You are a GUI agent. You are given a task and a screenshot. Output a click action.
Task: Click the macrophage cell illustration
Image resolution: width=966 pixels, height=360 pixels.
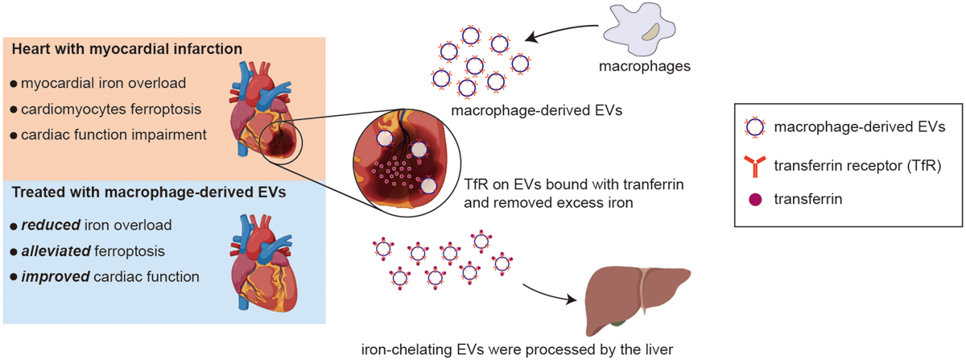point(639,29)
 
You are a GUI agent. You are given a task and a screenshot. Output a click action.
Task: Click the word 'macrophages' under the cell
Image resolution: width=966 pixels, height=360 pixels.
point(645,66)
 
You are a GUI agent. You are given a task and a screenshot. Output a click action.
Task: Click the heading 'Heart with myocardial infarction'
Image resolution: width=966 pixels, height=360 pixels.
point(127,49)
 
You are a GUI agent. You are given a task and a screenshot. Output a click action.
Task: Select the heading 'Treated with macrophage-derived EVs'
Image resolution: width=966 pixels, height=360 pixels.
point(149,192)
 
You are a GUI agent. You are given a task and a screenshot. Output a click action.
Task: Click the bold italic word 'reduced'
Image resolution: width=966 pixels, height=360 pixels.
point(51,225)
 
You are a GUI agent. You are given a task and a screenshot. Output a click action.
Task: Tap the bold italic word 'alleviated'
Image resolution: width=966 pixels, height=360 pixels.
point(56,250)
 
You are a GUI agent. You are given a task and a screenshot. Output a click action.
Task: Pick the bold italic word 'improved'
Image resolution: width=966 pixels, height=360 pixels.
point(56,277)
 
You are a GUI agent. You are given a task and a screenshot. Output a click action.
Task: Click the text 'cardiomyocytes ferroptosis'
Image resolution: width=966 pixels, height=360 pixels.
point(111,110)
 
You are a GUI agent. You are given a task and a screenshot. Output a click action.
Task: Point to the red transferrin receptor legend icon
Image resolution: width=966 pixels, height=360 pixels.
point(755,167)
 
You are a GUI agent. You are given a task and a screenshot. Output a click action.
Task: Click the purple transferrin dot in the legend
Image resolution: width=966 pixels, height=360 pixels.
point(755,200)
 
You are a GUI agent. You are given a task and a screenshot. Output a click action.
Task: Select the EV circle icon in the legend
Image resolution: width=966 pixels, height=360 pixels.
point(755,127)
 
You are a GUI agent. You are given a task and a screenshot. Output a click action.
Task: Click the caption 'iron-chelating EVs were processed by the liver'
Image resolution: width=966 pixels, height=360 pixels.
point(517,350)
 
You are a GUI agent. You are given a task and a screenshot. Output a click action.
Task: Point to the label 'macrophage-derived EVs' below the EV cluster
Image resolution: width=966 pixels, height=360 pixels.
point(536,110)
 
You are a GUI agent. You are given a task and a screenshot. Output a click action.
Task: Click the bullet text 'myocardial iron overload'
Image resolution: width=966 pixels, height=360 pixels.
point(104,83)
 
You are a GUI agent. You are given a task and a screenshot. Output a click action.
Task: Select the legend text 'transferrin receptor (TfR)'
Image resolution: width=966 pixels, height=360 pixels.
point(857,166)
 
